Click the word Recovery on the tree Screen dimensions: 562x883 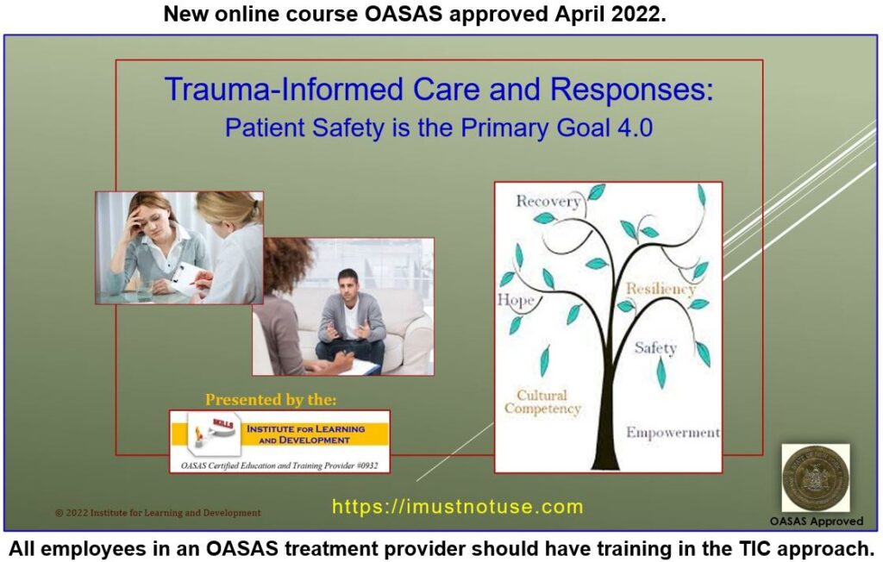548,202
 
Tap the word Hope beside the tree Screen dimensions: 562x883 516,301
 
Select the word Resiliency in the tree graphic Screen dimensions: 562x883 661,290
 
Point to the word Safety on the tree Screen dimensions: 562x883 655,348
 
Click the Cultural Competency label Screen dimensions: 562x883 543,402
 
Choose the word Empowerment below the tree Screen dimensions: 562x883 673,433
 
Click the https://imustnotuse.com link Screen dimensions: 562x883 457,507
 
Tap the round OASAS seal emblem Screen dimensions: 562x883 815,479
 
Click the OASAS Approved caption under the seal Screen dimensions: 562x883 816,521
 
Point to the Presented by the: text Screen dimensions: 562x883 271,400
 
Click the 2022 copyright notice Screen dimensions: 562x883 158,513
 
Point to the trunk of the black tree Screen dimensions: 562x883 609,405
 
